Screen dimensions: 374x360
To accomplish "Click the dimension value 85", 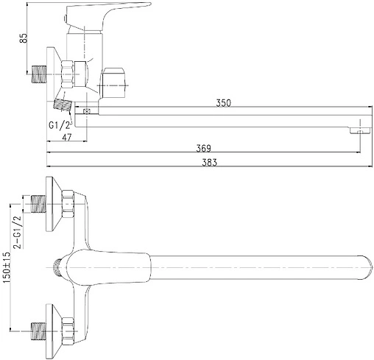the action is (x=24, y=38).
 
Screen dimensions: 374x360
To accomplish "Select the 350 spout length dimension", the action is (x=223, y=103).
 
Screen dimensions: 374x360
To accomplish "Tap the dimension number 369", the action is (x=203, y=148).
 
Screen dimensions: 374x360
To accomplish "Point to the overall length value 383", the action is (x=209, y=163).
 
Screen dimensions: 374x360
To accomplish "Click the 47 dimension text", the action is (x=67, y=137).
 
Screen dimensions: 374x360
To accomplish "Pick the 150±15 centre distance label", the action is (x=7, y=267).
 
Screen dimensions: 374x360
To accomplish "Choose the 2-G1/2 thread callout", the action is (x=18, y=231).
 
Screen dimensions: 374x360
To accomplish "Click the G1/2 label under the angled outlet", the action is (x=60, y=125).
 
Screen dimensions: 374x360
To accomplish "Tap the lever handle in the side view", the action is (x=108, y=16).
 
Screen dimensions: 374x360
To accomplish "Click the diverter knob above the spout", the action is (x=114, y=82).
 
